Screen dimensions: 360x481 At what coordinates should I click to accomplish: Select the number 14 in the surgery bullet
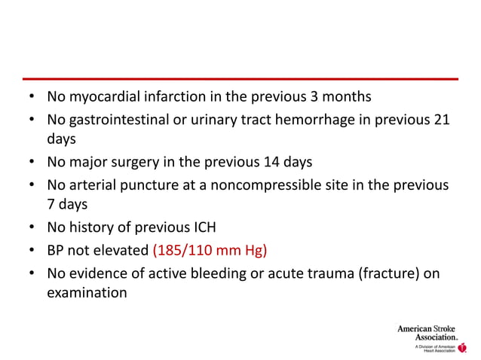[x=271, y=162]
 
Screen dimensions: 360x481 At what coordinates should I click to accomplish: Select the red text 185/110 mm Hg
[x=210, y=249]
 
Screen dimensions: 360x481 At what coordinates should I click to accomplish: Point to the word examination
[x=87, y=293]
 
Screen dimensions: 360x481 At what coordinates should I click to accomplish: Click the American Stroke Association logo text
[x=426, y=332]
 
